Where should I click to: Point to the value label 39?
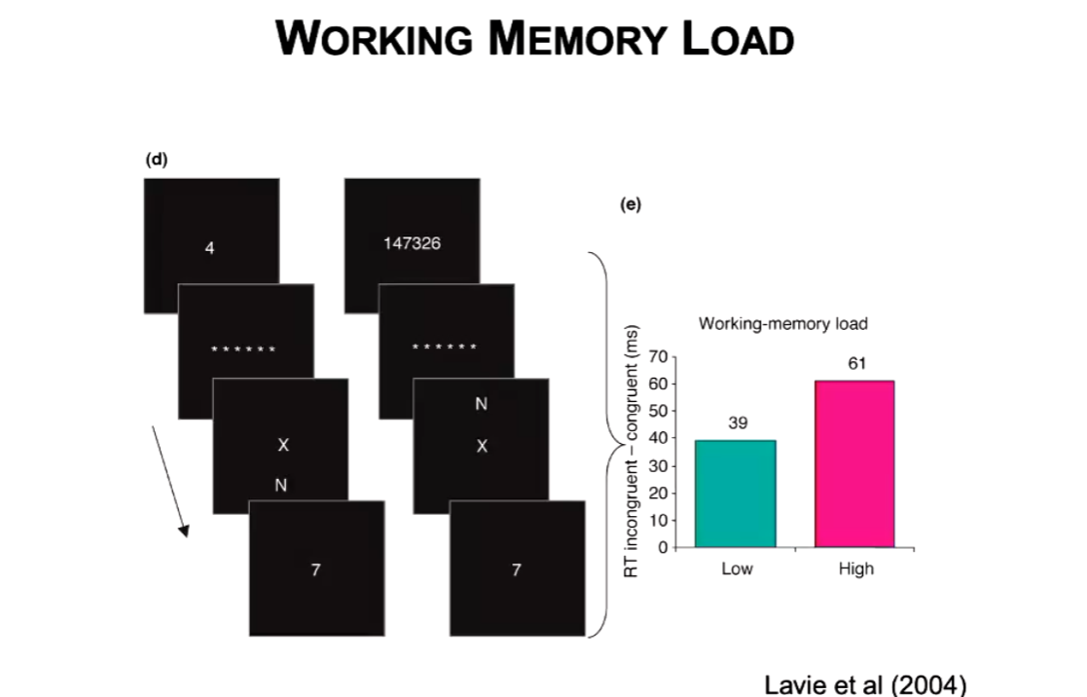click(737, 423)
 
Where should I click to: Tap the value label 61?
click(856, 363)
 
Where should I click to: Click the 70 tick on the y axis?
click(654, 357)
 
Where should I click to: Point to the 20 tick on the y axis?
click(654, 493)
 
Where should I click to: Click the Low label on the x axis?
click(737, 569)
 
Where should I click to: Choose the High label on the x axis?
click(856, 569)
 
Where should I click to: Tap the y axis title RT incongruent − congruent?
click(631, 452)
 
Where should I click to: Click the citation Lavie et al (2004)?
click(865, 682)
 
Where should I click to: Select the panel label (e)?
click(631, 204)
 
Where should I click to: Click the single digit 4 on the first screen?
click(209, 248)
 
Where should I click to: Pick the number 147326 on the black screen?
click(412, 243)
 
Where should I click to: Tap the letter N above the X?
click(480, 405)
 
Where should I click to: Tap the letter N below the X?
click(280, 486)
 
